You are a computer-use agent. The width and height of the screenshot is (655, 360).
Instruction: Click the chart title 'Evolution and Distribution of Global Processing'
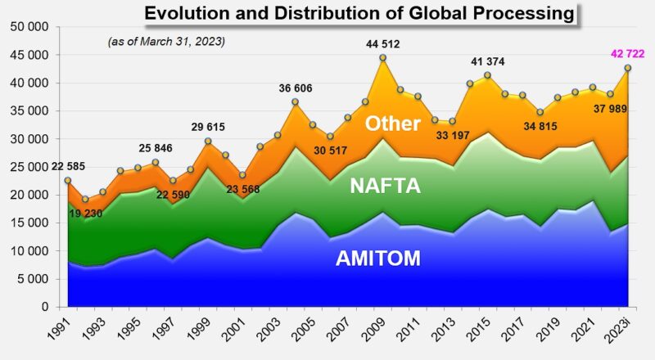(359, 13)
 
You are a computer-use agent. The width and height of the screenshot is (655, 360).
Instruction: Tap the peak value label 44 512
(382, 45)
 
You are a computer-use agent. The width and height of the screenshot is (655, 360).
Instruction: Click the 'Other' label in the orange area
(392, 124)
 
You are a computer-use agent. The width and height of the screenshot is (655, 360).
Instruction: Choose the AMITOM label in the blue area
(377, 259)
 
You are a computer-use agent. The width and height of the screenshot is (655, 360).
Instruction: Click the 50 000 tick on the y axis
(29, 27)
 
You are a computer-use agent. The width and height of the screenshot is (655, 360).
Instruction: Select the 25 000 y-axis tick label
(29, 167)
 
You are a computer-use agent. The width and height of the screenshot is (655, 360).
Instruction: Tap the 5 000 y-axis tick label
(33, 279)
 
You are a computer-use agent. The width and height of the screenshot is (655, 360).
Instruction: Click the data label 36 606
(296, 89)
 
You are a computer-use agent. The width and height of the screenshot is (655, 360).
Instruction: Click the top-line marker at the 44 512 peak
(382, 58)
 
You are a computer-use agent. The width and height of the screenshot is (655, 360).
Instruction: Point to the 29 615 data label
(209, 127)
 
